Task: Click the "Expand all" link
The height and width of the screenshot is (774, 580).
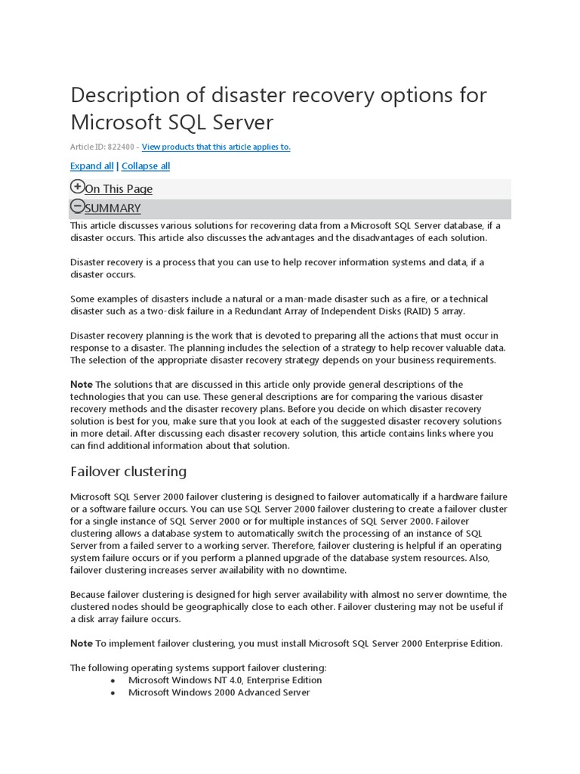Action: pos(92,166)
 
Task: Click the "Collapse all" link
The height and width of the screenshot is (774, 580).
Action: pos(146,166)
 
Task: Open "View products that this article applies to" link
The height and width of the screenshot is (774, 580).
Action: pos(216,147)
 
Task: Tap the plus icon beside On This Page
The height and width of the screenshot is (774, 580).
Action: pos(77,187)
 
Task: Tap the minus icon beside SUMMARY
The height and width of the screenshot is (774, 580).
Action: pos(77,206)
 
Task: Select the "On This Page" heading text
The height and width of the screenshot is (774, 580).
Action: pos(119,189)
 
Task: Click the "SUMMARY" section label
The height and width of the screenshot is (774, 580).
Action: pos(113,209)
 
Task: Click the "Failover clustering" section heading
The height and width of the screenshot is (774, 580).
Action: pos(128,472)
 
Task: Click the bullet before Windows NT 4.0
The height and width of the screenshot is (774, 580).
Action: pos(113,680)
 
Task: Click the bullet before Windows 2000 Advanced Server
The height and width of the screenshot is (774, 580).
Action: pos(113,692)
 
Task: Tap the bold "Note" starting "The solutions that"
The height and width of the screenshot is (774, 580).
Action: pos(82,385)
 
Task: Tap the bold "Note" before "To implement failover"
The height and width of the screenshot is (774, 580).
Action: pos(82,643)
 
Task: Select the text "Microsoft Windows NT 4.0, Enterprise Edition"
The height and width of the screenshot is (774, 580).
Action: pos(225,680)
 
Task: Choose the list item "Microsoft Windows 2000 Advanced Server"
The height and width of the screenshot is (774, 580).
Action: pos(219,692)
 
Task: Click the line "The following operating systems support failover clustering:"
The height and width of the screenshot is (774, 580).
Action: pos(199,668)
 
